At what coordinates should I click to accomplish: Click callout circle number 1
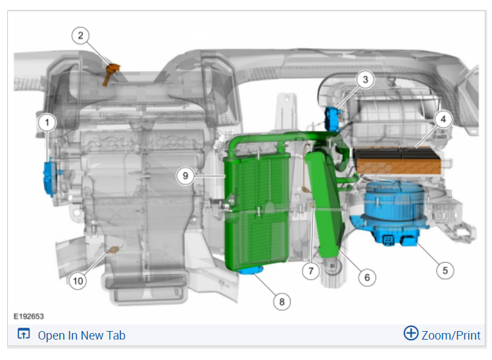[47, 122]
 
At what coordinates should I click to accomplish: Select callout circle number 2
[80, 36]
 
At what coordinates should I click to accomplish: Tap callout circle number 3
[365, 80]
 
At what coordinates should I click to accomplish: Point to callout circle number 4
[443, 119]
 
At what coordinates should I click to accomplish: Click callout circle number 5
[445, 270]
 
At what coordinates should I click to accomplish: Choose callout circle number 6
[367, 278]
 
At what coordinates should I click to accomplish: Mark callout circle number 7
[311, 271]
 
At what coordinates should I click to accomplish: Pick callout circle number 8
[282, 301]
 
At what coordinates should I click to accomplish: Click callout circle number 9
[185, 176]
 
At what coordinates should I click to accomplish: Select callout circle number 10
[78, 280]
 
